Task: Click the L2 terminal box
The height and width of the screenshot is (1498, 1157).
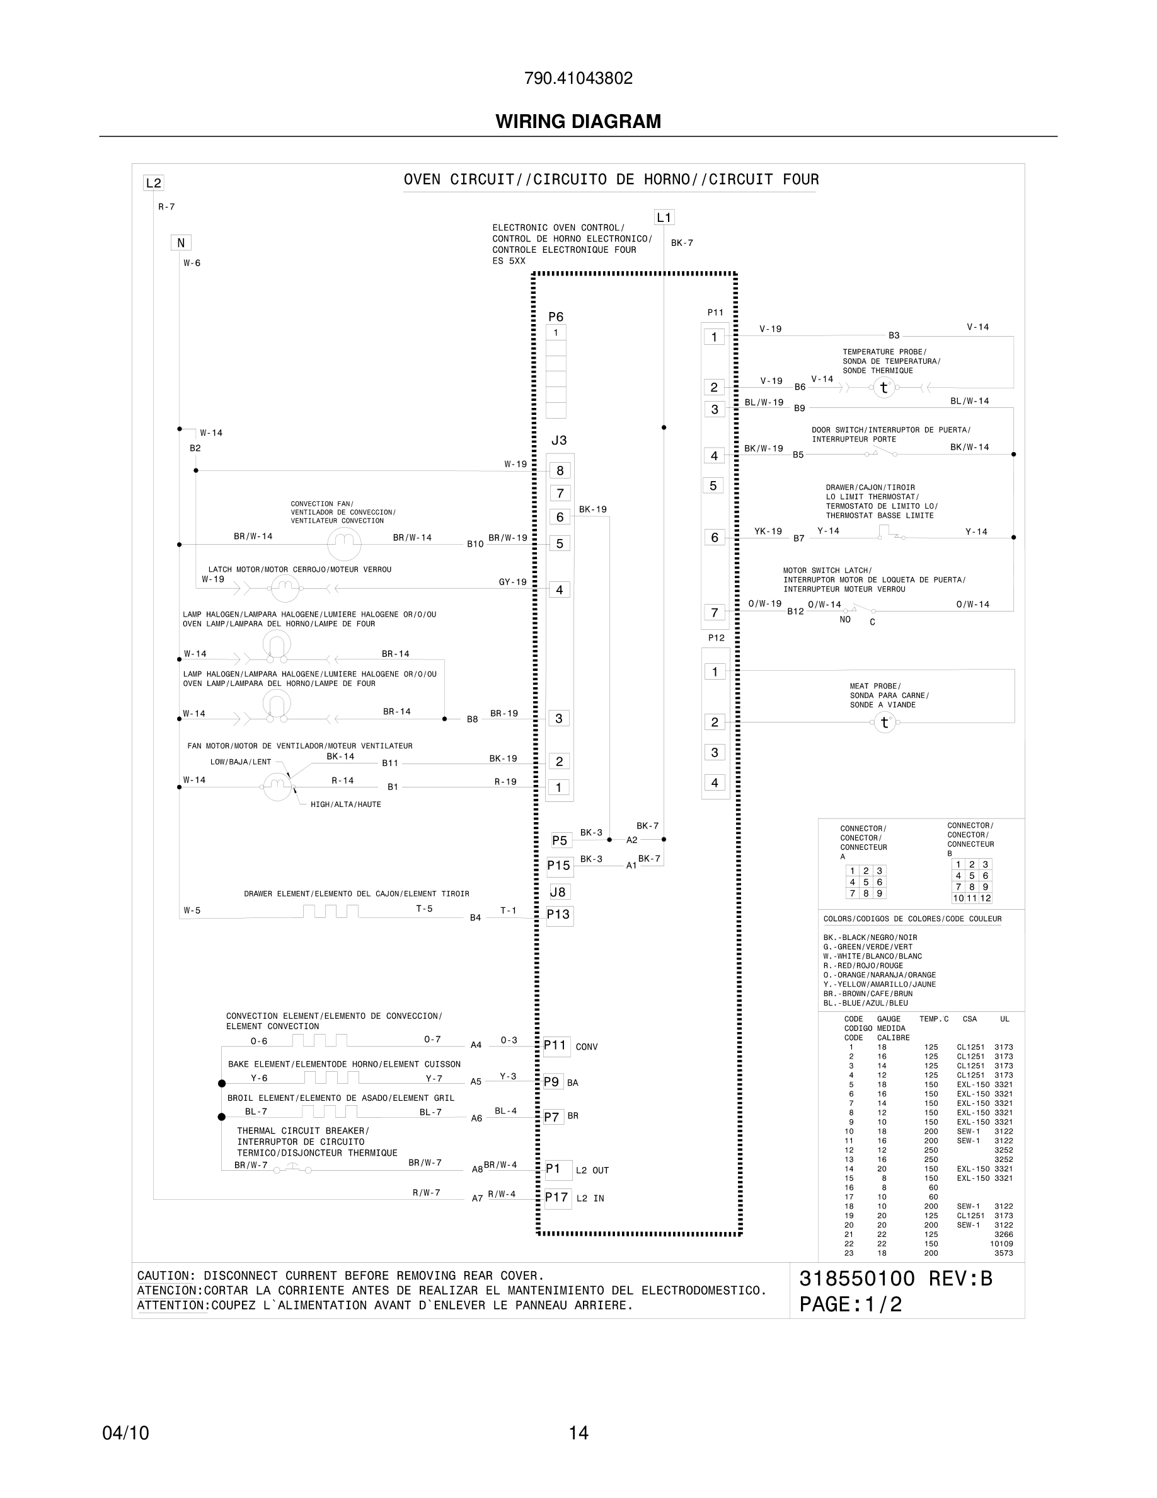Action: pyautogui.click(x=154, y=183)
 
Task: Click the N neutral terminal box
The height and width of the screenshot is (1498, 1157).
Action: pyautogui.click(x=181, y=243)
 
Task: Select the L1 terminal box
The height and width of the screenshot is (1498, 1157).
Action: pyautogui.click(x=664, y=218)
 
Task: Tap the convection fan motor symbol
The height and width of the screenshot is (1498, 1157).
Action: pyautogui.click(x=344, y=544)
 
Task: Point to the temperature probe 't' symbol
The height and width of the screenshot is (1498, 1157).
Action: pyautogui.click(x=884, y=388)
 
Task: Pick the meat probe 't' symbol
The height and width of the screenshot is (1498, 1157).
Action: pyautogui.click(x=884, y=723)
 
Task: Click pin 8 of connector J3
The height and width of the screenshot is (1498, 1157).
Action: pyautogui.click(x=560, y=470)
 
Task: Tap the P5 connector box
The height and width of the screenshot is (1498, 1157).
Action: pyautogui.click(x=560, y=840)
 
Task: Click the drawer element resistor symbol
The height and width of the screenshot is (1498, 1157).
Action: pyautogui.click(x=330, y=912)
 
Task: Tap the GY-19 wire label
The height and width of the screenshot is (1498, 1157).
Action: pyautogui.click(x=513, y=583)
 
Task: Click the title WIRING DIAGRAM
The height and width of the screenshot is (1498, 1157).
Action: pyautogui.click(x=578, y=122)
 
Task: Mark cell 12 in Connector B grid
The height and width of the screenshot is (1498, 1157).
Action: pyautogui.click(x=985, y=898)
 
